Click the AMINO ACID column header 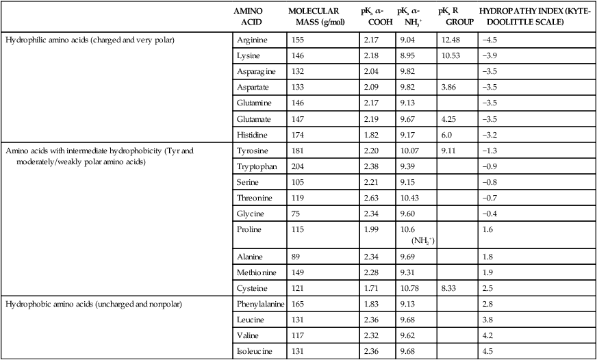point(246,17)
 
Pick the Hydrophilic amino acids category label point(90,40)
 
